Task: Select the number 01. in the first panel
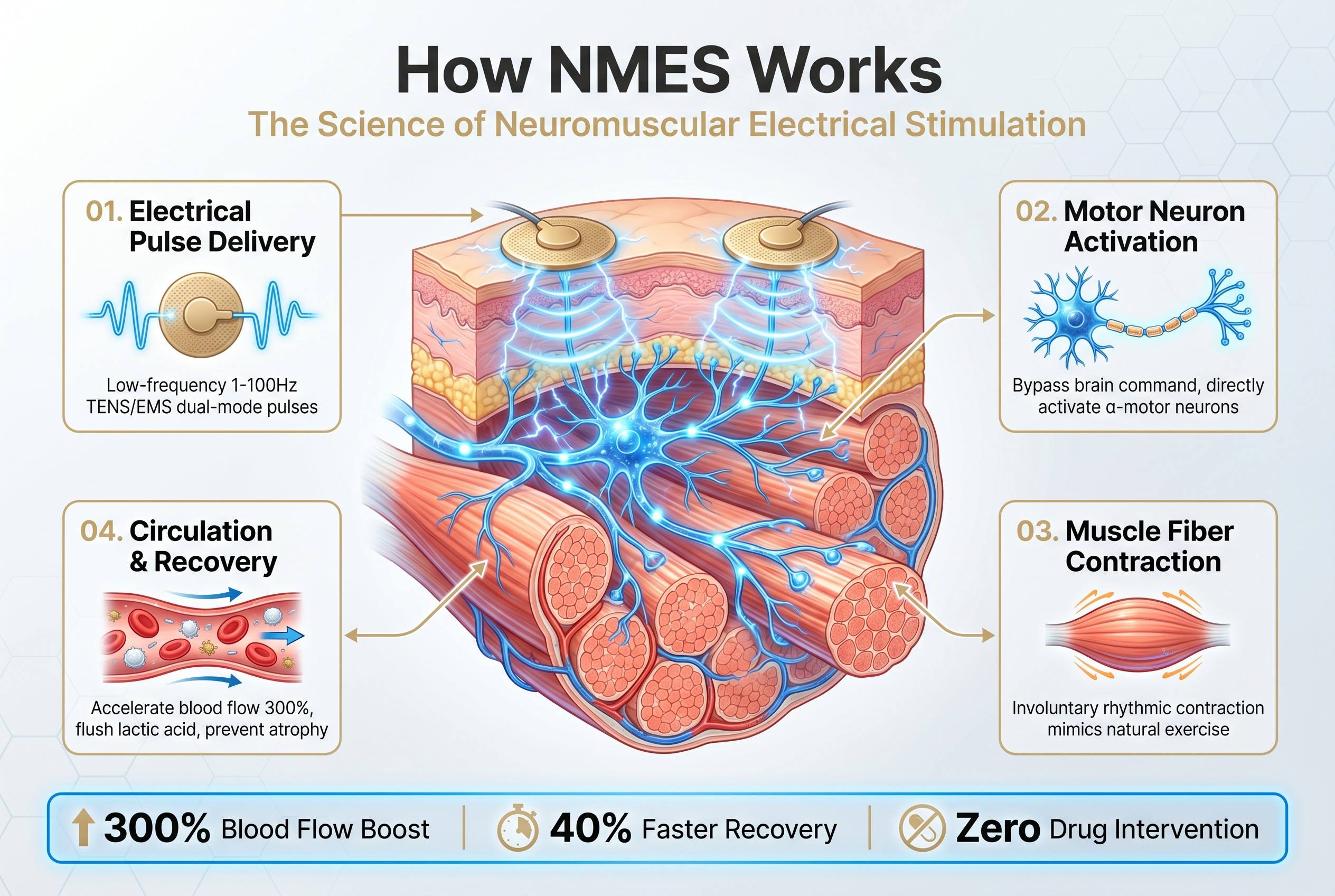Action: click(104, 211)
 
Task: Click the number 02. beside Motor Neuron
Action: click(1036, 211)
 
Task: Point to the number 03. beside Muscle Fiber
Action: click(1037, 531)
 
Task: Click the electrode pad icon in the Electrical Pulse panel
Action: click(201, 315)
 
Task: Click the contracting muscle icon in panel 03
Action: click(1137, 634)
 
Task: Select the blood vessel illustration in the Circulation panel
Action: click(202, 637)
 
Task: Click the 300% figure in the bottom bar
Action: click(157, 828)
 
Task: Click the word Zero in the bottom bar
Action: click(998, 828)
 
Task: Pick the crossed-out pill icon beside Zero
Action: click(922, 828)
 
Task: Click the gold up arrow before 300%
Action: click(83, 828)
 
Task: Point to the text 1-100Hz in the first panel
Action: click(264, 385)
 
